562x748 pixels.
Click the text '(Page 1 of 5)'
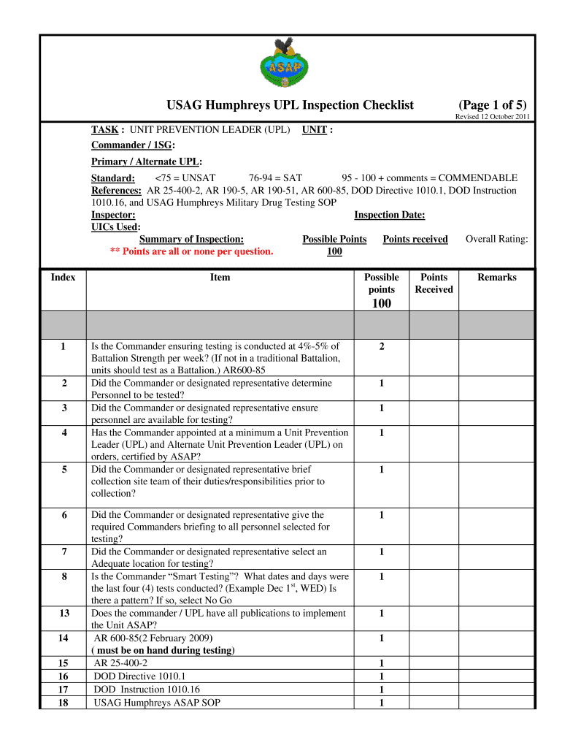point(492,104)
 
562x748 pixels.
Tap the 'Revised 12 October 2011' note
point(493,117)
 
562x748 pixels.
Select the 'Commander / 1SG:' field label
point(133,145)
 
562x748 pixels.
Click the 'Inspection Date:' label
point(389,215)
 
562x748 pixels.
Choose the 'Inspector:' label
point(113,215)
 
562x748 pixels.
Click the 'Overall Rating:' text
point(496,239)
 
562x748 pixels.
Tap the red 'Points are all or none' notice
point(191,251)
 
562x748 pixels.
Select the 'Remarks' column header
point(496,278)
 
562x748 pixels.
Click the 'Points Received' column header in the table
point(434,283)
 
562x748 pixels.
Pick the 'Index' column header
point(63,278)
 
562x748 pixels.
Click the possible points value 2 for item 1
point(382,346)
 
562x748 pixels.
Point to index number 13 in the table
point(63,614)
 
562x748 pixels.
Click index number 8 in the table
point(63,577)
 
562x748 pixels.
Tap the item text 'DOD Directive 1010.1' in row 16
point(139,676)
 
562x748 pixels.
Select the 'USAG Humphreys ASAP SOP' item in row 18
point(157,703)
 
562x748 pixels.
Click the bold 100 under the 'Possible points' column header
point(382,304)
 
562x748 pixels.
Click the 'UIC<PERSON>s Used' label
point(115,227)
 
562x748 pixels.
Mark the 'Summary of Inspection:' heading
point(191,239)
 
